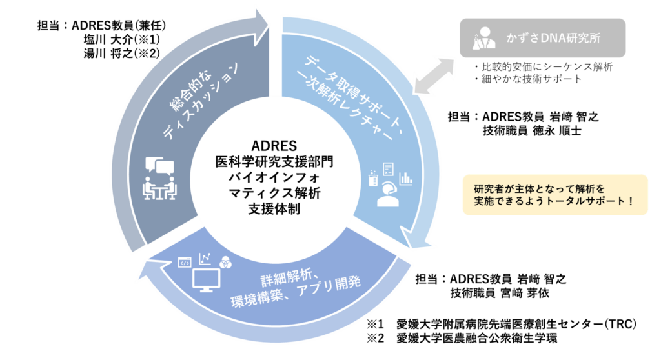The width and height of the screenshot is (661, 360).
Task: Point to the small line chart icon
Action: tap(206, 259)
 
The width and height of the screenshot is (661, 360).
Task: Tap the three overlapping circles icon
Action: tap(226, 261)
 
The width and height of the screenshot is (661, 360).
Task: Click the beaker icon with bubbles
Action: tap(372, 177)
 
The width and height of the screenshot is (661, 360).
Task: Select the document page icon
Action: tap(389, 170)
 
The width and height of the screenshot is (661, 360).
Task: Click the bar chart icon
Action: tap(405, 177)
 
